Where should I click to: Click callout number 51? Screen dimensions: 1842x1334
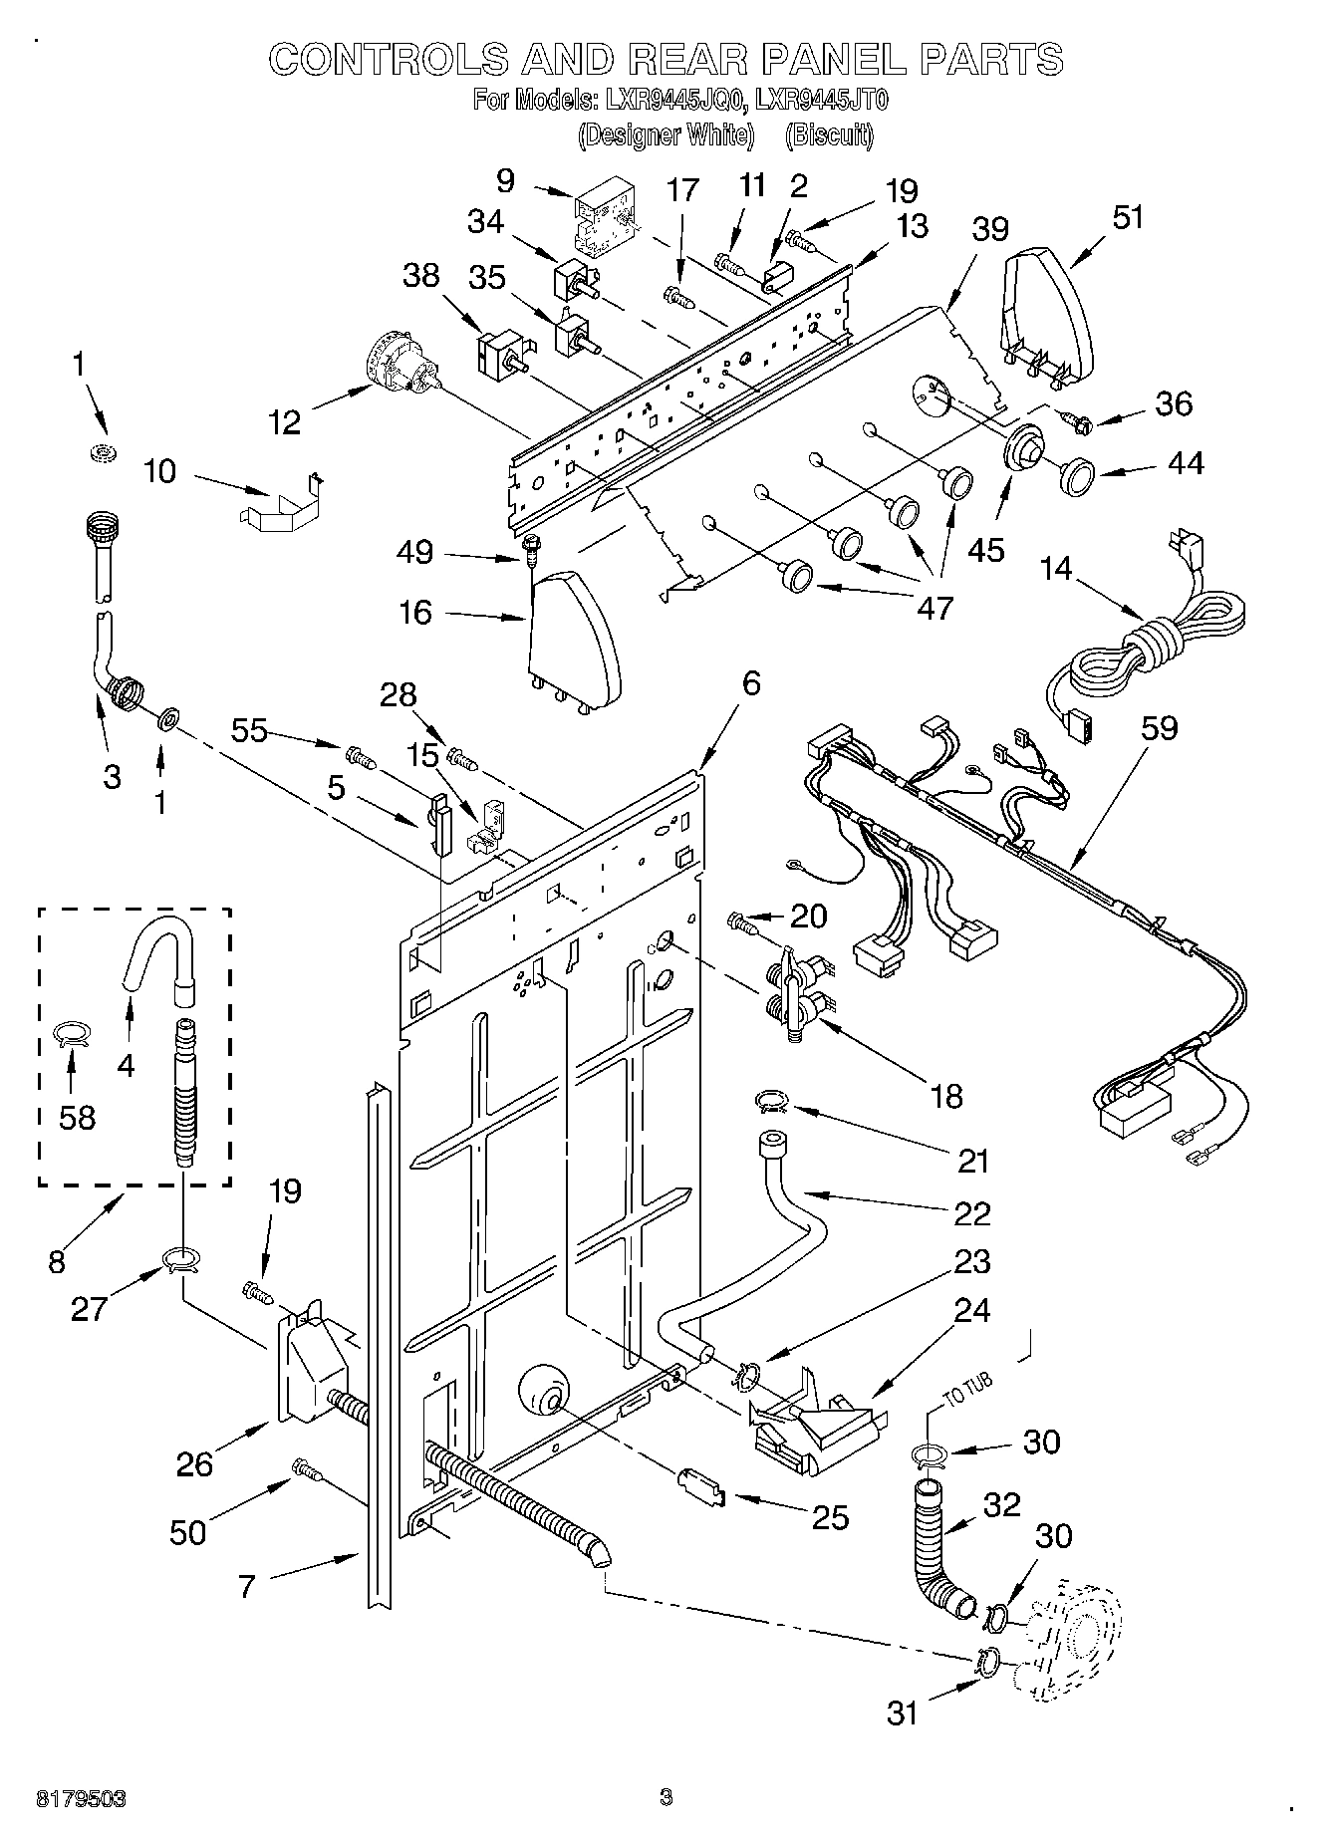1127,217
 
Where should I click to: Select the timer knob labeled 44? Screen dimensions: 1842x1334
1076,476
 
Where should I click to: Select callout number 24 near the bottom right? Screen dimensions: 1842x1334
972,1310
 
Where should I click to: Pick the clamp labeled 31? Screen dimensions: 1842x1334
987,1660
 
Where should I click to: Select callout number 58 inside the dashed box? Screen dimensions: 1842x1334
77,1117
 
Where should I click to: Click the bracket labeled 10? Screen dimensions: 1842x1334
284,503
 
